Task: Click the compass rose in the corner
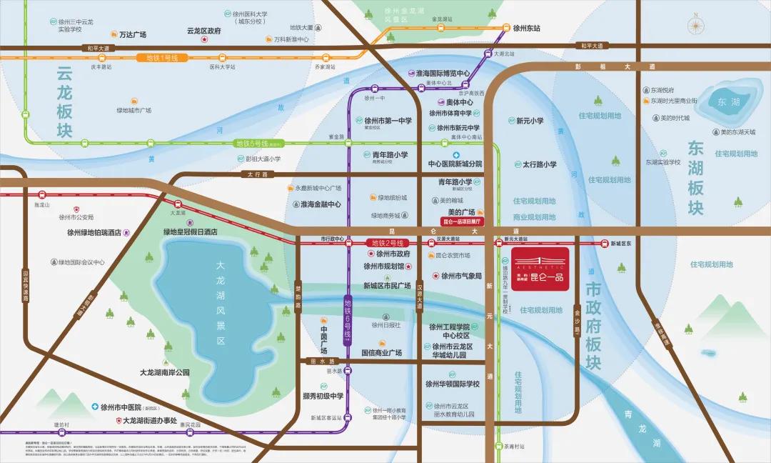coord(695,26)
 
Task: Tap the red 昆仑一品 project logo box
coord(540,265)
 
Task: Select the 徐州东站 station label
coord(526,29)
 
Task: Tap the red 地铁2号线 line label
coord(386,243)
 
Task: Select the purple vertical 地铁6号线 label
coord(348,321)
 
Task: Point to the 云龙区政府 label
coord(203,31)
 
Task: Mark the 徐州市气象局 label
coord(461,275)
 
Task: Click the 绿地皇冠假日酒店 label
coord(190,232)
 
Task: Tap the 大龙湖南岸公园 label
coord(165,372)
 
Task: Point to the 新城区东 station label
coord(621,244)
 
